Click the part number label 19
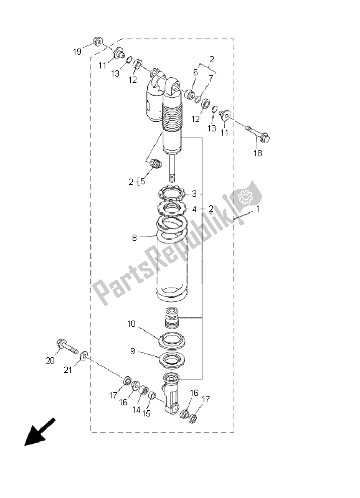77,52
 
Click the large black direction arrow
36,433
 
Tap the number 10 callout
131,324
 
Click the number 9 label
132,351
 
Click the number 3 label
194,193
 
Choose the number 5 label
142,182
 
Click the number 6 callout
194,73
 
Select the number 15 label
147,414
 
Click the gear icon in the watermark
245,197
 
